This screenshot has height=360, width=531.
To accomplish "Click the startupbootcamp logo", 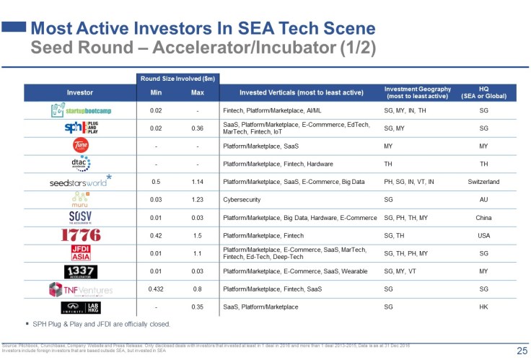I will [80, 110].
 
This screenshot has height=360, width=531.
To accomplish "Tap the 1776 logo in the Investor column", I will [81, 235].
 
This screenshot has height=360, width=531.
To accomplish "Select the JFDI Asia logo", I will [80, 253].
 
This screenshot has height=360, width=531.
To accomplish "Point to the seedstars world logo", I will [80, 181].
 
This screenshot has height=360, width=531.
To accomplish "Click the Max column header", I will [197, 92].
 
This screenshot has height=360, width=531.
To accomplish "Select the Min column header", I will [155, 92].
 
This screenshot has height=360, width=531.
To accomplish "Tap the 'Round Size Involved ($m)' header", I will [177, 78].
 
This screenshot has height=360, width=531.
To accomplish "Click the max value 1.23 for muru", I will [197, 199].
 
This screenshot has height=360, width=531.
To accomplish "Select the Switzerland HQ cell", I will [483, 181].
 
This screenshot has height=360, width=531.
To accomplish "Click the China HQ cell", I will [483, 217].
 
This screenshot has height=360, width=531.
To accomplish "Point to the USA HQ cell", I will [483, 235].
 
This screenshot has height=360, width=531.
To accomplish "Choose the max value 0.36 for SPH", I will [197, 128].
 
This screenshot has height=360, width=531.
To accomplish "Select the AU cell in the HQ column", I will [483, 199].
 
